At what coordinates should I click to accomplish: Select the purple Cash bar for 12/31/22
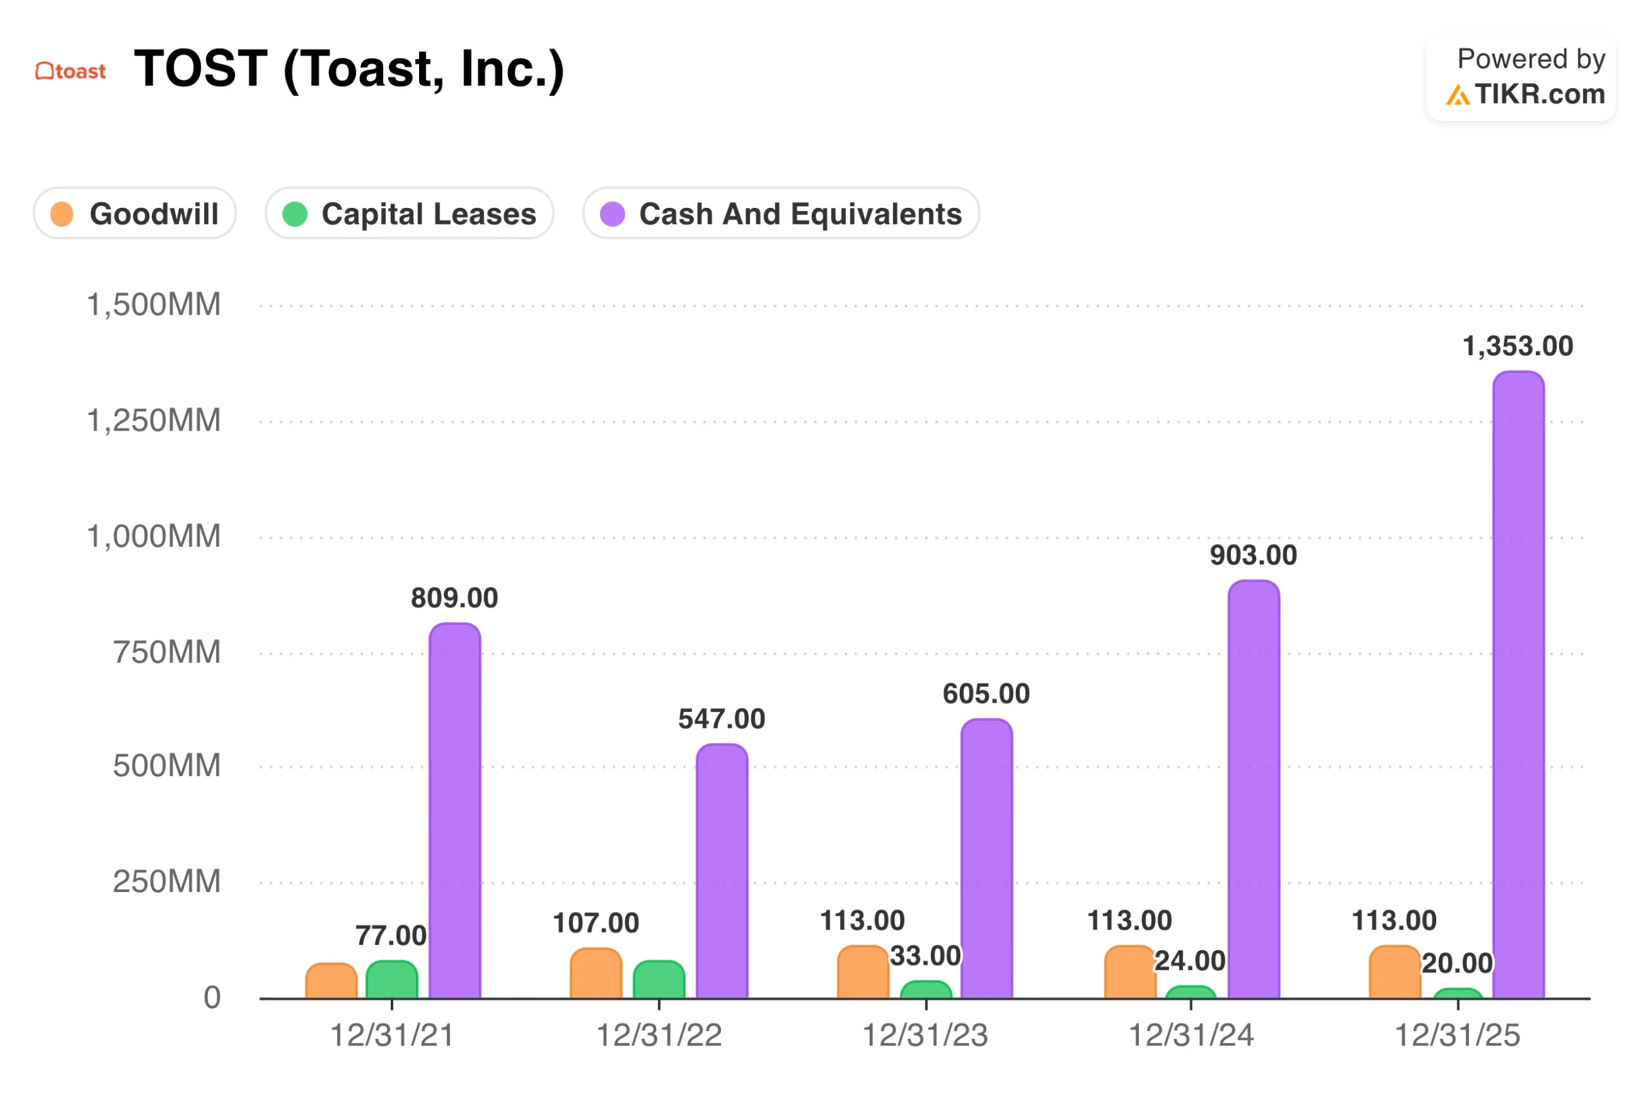722,872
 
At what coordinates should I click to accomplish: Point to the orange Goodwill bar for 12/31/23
862,972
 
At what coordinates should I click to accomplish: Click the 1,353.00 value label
1517,346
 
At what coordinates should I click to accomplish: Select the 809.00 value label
454,597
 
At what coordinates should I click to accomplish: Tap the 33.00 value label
924,955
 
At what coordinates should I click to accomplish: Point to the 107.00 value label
595,922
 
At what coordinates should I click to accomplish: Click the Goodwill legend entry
135,214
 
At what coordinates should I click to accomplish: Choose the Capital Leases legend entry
409,214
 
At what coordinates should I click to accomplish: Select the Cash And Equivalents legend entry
780,214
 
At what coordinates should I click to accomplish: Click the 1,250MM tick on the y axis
153,420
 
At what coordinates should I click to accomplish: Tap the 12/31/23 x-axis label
924,1034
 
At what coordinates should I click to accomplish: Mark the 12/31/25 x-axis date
1457,1034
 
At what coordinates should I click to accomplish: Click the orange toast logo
71,71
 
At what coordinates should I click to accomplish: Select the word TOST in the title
200,69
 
